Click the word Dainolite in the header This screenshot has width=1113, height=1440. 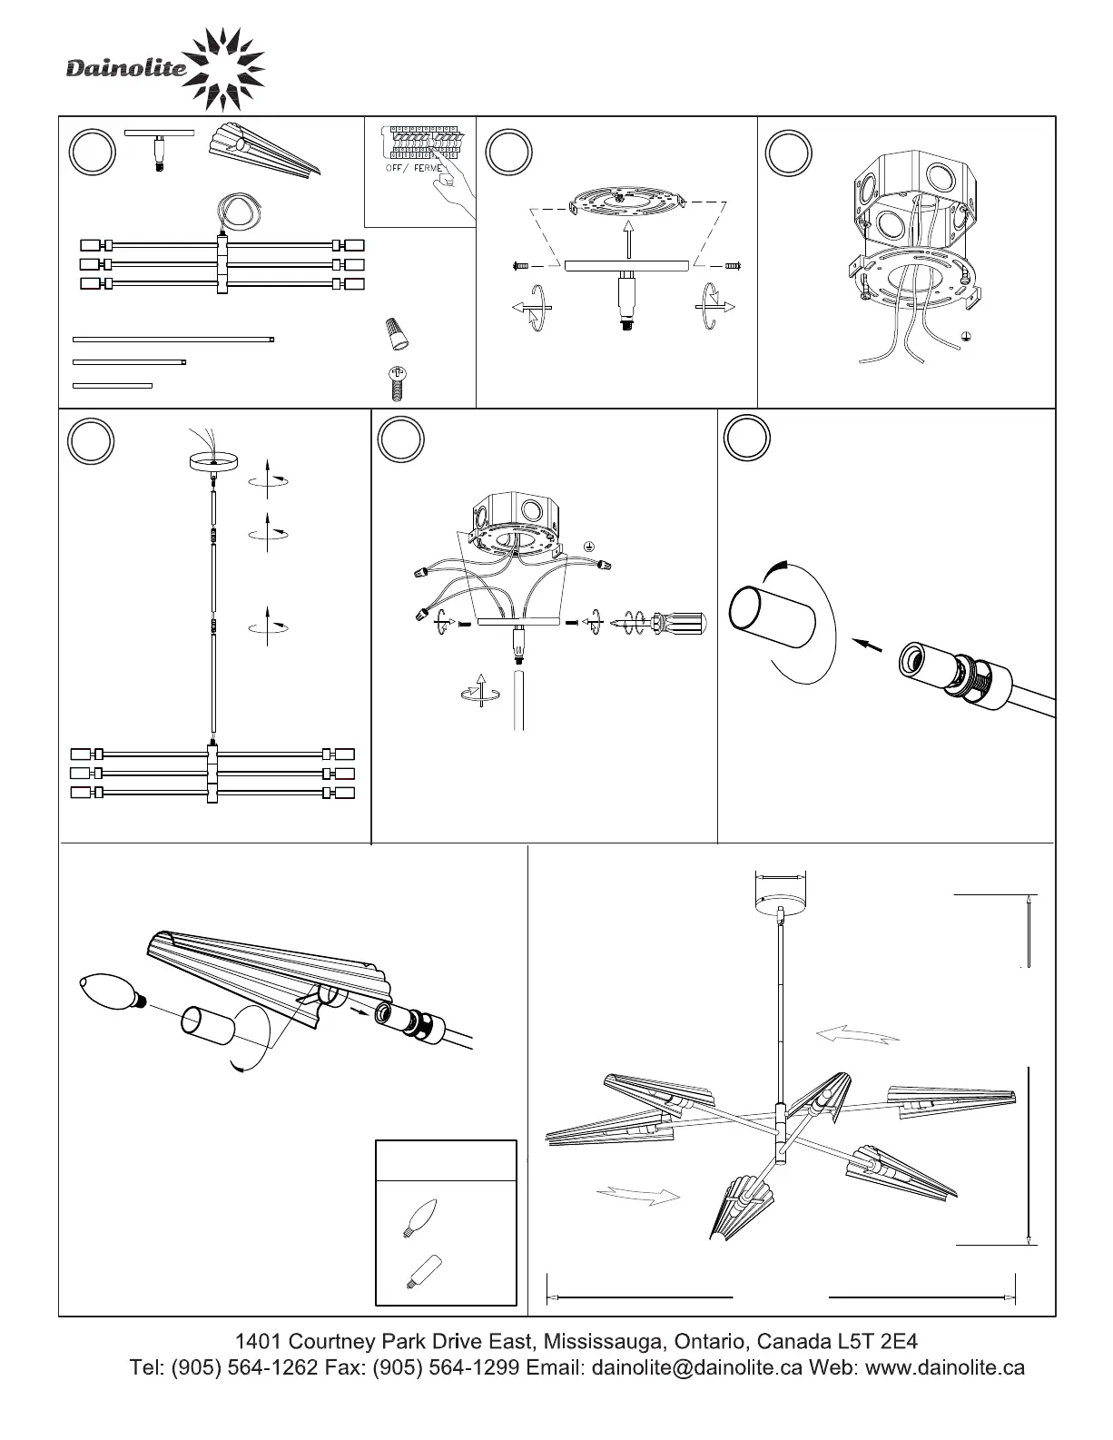(125, 69)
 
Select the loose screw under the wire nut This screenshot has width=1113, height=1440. (395, 382)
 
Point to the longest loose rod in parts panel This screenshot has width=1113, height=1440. (172, 340)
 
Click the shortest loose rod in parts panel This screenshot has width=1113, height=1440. (112, 386)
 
